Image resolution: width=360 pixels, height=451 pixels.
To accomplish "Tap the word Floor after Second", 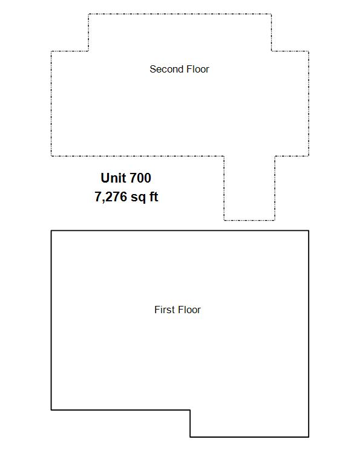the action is coord(198,69).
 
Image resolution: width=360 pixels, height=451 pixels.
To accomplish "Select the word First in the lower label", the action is coord(165,310).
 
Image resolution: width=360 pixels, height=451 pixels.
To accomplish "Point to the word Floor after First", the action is coord(189,310).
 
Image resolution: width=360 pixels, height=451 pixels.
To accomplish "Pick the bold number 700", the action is coord(140,178).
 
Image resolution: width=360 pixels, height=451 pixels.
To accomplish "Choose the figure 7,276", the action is coord(111,197).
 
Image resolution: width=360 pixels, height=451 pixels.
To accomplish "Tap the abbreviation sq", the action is coord(138,198).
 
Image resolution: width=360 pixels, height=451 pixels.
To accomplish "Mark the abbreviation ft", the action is coord(154,196).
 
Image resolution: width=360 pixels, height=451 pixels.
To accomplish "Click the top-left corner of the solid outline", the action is coord(51,230).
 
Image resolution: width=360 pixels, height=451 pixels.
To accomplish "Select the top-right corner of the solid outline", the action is coord(309,230).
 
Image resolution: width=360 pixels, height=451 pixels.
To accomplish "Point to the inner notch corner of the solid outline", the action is coord(190,409).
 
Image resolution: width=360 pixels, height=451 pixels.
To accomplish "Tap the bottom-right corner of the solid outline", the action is coord(309,437).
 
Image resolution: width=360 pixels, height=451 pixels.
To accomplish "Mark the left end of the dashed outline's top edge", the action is coord(88,14).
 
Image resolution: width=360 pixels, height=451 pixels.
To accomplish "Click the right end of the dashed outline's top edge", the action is coord(272,14).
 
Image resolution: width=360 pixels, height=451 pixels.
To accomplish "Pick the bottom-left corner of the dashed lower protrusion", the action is coord(224,220).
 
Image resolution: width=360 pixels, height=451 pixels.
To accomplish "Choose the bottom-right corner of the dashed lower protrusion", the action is coord(275,220).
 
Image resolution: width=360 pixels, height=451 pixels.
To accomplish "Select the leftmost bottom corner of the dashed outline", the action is coord(51,156).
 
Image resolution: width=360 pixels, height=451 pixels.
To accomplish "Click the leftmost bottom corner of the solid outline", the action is coord(51,409).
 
